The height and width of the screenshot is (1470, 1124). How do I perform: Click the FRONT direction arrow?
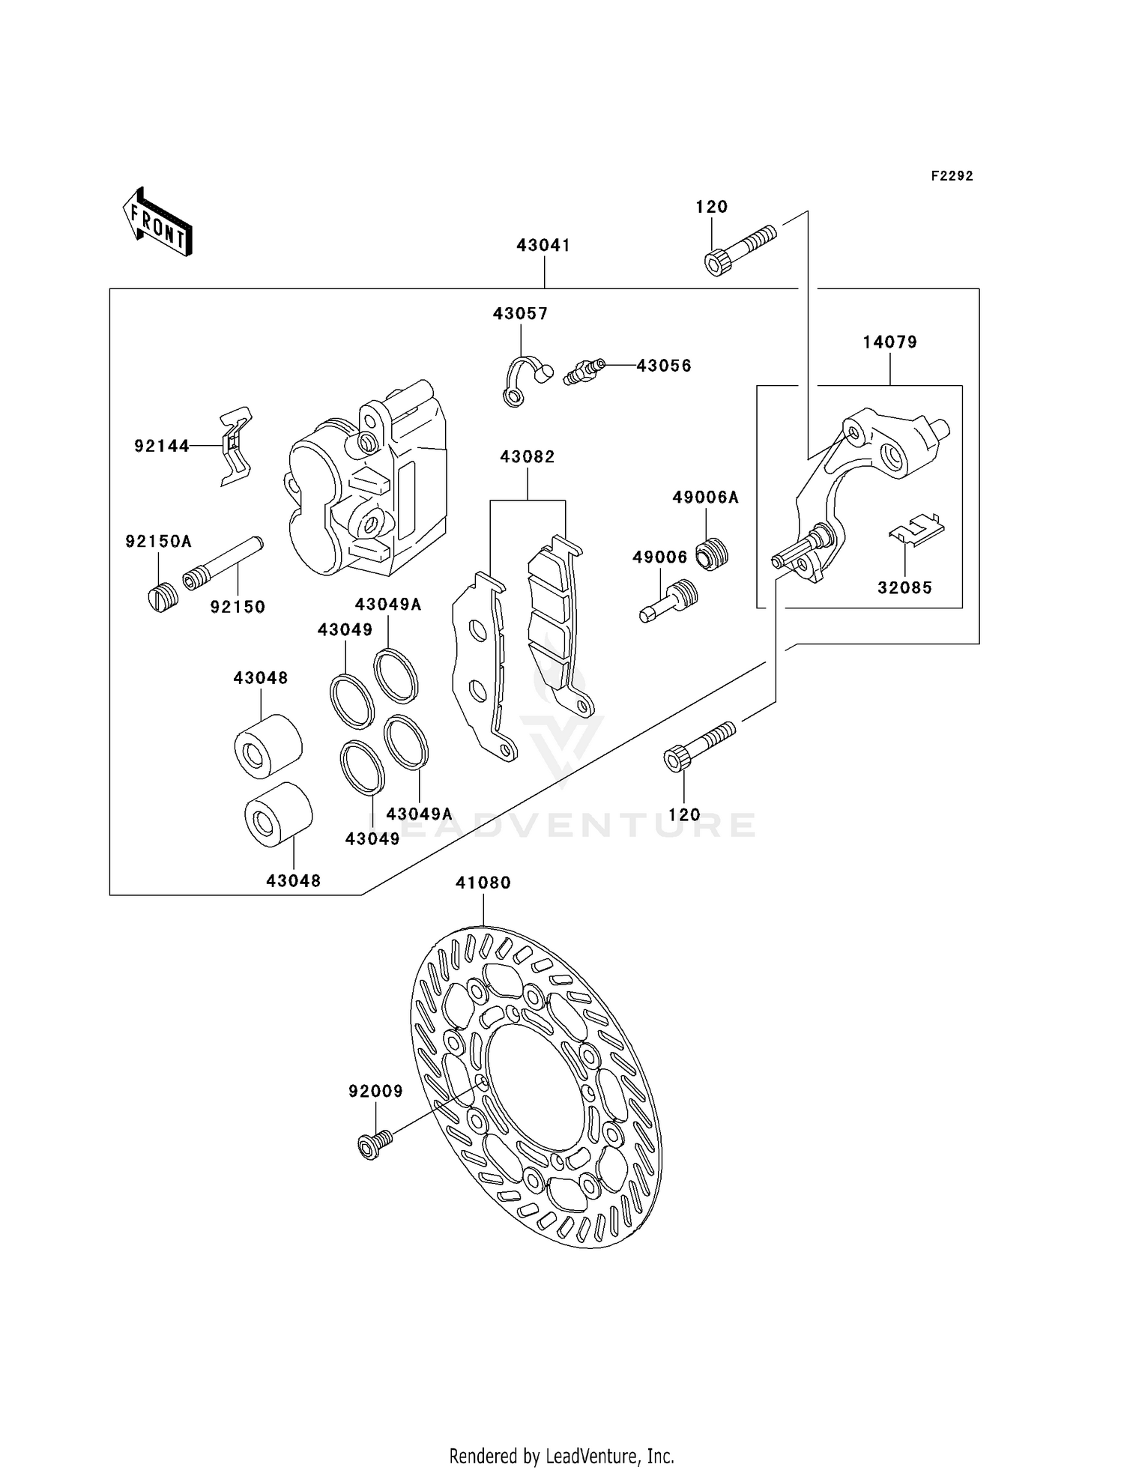158,223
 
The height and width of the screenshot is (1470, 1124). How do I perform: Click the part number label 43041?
543,246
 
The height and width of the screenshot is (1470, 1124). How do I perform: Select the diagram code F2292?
952,176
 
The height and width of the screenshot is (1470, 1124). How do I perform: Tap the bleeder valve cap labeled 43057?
525,378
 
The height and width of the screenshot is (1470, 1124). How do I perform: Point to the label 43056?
663,366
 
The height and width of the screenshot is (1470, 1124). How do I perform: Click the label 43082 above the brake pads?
528,457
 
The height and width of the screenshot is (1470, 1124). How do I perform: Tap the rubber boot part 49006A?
712,555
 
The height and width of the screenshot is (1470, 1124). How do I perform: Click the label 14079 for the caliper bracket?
889,342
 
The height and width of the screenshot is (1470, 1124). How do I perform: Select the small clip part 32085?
916,528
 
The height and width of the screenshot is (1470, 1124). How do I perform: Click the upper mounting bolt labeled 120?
740,249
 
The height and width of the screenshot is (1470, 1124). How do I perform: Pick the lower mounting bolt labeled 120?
699,745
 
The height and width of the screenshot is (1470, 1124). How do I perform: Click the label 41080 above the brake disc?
483,883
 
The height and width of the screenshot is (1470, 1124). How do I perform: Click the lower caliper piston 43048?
279,815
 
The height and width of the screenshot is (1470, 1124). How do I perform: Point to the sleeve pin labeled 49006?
669,602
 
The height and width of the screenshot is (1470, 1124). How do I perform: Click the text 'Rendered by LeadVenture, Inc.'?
561,1456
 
